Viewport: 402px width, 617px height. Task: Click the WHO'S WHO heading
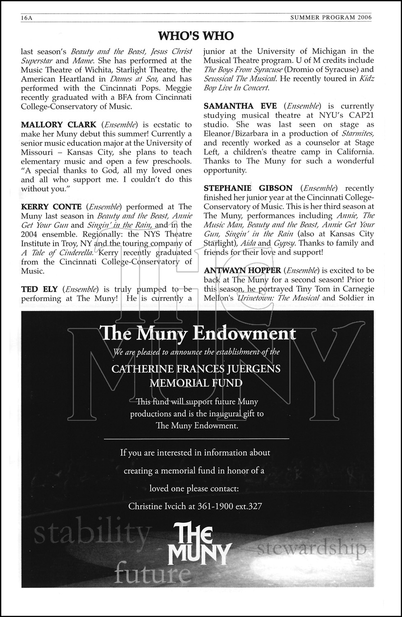click(x=196, y=36)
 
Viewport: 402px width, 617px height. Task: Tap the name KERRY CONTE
click(x=51, y=207)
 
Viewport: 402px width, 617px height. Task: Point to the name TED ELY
click(x=39, y=290)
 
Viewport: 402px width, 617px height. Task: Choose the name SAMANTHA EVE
click(x=240, y=106)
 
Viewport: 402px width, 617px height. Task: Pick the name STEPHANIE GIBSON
click(x=248, y=188)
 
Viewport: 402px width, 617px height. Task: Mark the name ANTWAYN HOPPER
click(x=242, y=271)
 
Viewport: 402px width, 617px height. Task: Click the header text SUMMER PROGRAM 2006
click(x=331, y=18)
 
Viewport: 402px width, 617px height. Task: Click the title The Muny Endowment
click(x=198, y=333)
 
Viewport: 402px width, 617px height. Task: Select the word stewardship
click(x=311, y=548)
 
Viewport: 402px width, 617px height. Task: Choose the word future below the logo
click(x=152, y=573)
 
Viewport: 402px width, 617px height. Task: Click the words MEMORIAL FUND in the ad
click(x=196, y=383)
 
